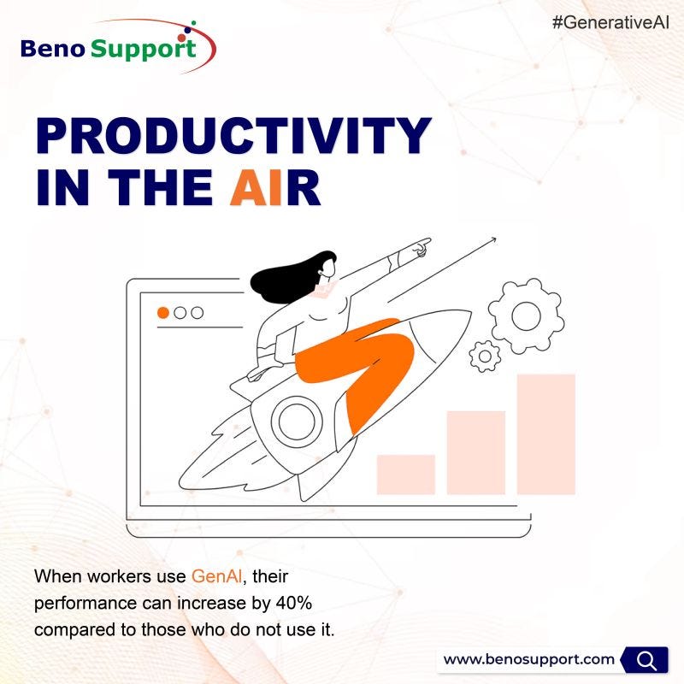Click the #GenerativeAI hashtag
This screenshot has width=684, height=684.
point(611,22)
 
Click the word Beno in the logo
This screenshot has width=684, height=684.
point(53,48)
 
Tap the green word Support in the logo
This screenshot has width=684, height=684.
point(144,49)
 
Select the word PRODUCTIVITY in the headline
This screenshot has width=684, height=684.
point(233,138)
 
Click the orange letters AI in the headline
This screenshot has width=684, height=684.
point(256,190)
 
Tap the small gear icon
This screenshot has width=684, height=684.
point(485,354)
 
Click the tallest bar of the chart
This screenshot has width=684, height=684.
point(545,433)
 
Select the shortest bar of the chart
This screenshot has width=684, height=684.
point(405,475)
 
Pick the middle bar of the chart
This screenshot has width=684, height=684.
point(475,452)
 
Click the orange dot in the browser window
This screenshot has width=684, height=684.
point(162,312)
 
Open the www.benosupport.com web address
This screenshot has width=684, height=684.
point(529,659)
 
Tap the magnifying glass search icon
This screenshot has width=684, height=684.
point(647,659)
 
